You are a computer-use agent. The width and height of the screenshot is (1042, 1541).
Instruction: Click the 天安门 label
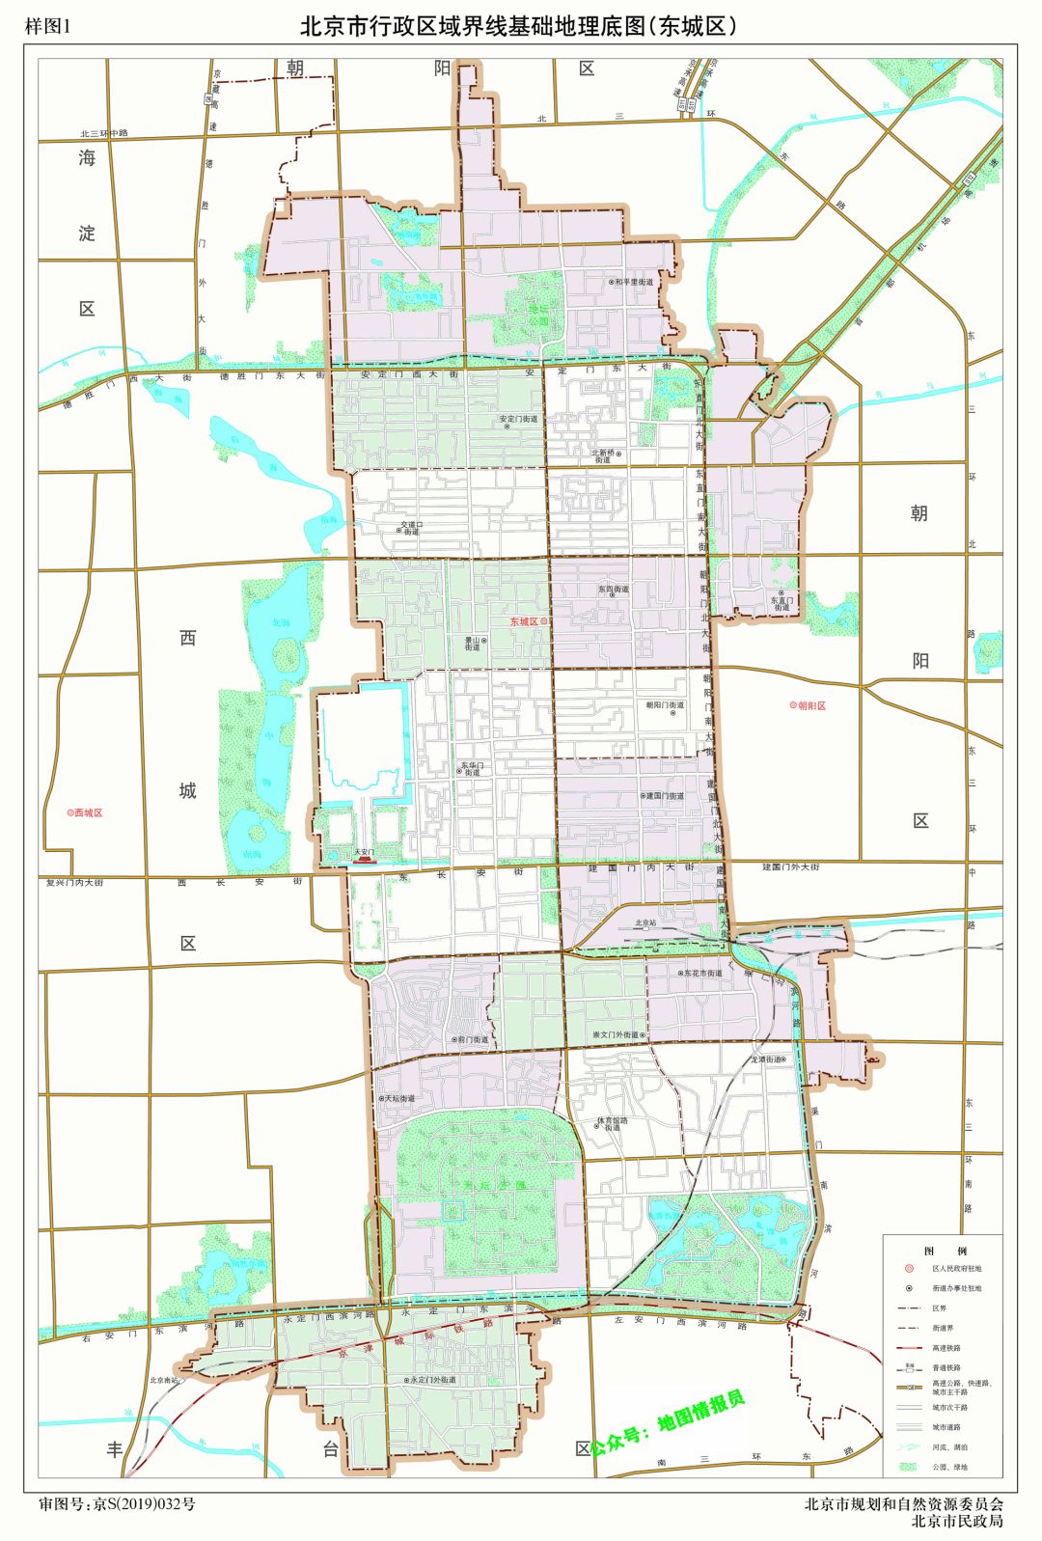tap(363, 852)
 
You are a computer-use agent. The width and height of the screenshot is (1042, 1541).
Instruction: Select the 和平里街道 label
tap(635, 283)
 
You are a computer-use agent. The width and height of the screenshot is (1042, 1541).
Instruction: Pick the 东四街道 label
tap(613, 589)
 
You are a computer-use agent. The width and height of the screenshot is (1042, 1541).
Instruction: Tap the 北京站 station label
tap(644, 923)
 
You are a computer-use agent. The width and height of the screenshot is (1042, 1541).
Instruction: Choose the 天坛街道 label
tap(398, 1098)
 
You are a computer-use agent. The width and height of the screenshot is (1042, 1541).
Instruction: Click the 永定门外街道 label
tap(431, 1380)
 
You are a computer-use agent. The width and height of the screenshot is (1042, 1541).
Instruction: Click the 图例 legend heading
tap(944, 1251)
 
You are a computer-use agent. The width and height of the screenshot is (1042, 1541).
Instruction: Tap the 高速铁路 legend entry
tap(946, 1348)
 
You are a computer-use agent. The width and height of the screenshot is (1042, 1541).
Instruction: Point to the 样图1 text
tap(48, 26)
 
